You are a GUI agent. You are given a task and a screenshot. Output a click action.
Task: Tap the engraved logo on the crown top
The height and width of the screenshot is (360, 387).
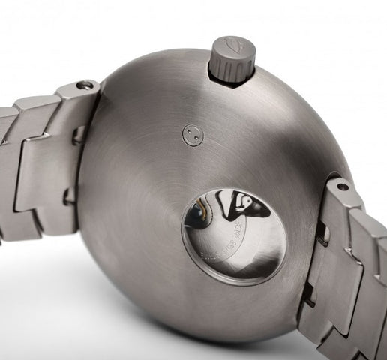[232, 46]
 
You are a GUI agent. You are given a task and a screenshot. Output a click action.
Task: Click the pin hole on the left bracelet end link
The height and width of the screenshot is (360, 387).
[85, 85]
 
